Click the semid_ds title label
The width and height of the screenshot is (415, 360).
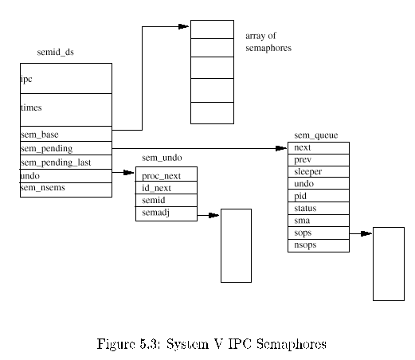tap(56, 52)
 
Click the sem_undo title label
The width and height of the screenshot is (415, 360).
tap(162, 158)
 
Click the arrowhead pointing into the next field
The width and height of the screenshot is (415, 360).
tap(281, 148)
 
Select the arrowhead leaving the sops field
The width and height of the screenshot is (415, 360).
tap(366, 233)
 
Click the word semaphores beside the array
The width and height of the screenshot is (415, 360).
tap(268, 48)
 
